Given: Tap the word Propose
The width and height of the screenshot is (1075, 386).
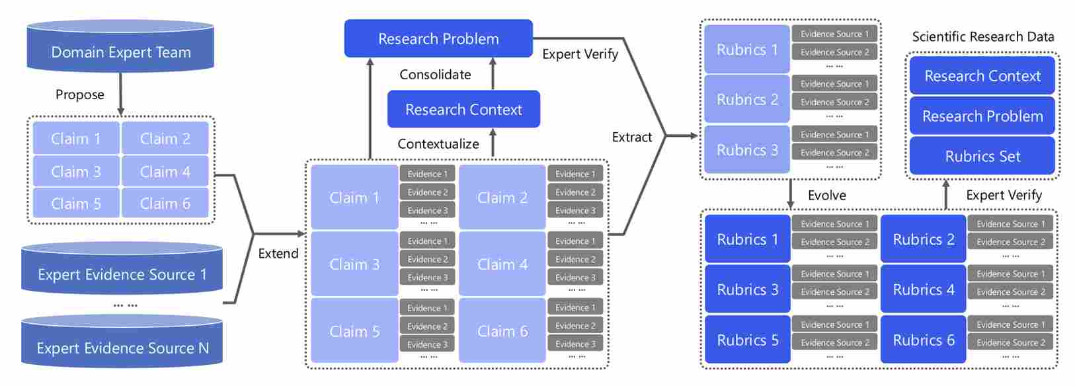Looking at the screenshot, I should [79, 95].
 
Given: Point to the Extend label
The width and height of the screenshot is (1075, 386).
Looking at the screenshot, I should [278, 254].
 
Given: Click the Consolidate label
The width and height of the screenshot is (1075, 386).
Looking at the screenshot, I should [435, 75].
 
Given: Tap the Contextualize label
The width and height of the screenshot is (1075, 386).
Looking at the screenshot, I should [438, 144].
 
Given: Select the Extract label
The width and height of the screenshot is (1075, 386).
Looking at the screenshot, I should [632, 137].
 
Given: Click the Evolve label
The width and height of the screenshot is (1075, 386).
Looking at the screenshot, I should [826, 196].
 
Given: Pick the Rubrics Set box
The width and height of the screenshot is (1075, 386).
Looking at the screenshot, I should [982, 157].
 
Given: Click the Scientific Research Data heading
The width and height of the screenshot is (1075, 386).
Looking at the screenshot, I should [983, 37].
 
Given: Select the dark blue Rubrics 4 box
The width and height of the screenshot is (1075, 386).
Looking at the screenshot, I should [923, 289].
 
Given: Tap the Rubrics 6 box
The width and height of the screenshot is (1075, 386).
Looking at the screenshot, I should [923, 340].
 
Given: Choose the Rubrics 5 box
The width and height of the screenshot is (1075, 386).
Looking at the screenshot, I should [747, 340].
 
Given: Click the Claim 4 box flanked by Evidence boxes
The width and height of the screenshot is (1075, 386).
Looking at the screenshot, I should [502, 264].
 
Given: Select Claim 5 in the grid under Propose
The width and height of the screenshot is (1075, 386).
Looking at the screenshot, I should [76, 204].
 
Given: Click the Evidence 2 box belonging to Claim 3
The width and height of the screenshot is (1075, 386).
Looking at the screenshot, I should [427, 259].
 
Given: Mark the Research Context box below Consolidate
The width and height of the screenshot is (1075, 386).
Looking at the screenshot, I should [463, 110].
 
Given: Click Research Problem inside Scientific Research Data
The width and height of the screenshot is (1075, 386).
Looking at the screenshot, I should [982, 116].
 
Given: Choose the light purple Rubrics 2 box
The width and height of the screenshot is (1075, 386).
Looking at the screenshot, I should [747, 100].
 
